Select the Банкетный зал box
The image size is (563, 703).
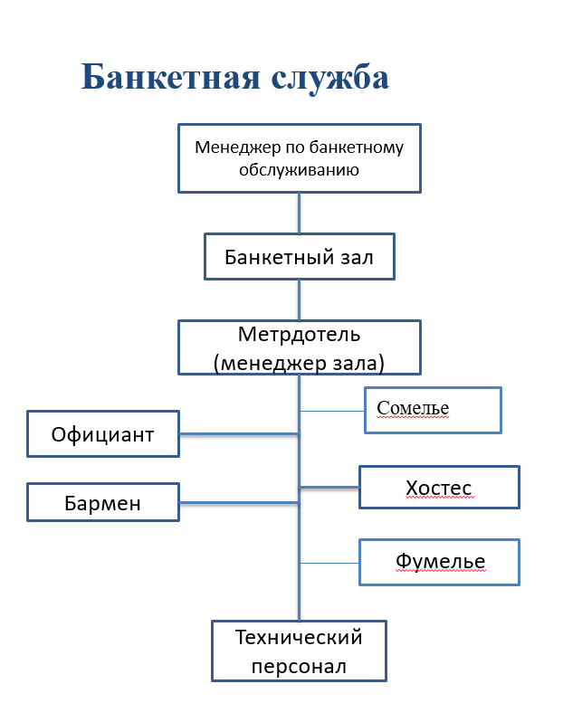point(299,258)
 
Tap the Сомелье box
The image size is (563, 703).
point(432,410)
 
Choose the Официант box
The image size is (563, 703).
point(102,434)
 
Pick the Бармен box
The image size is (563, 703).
point(102,502)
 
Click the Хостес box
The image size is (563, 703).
point(439,488)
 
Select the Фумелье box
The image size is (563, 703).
point(440,562)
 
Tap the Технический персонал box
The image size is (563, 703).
point(299,651)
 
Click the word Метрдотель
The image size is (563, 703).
point(299,334)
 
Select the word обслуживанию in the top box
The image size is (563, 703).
point(299,169)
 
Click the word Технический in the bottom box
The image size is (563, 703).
point(299,637)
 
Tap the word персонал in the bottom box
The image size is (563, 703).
point(299,668)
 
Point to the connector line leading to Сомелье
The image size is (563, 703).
point(331,410)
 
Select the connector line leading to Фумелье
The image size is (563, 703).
point(329,563)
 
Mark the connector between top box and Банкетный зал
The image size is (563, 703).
point(299,213)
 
